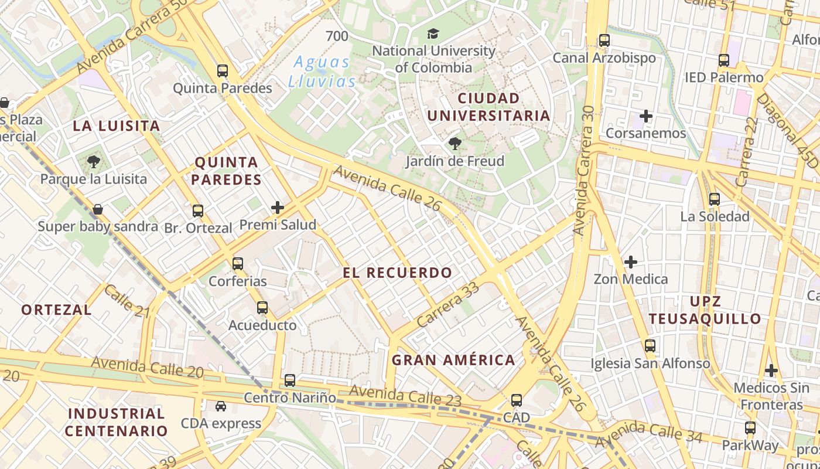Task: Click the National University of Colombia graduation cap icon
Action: tap(433, 34)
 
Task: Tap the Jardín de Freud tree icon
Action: tap(455, 143)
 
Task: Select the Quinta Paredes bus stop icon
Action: tap(223, 71)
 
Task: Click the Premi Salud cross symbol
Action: tap(278, 208)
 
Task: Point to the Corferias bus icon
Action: tap(237, 264)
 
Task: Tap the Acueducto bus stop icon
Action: tap(262, 308)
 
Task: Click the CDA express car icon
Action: tap(221, 406)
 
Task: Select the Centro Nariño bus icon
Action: tap(290, 380)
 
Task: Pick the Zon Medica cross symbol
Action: tap(631, 261)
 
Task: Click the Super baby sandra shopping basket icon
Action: tap(98, 209)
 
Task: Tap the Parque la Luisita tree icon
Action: tap(93, 161)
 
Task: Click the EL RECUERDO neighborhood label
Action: tap(398, 273)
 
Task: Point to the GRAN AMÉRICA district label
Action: tap(453, 360)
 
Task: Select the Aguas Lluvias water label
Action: tap(322, 72)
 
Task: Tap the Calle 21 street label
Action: tap(127, 301)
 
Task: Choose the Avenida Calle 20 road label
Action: tap(147, 367)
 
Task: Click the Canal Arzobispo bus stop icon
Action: tap(604, 41)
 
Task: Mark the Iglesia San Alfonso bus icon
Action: tap(650, 346)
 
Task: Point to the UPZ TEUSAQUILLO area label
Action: tap(705, 310)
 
